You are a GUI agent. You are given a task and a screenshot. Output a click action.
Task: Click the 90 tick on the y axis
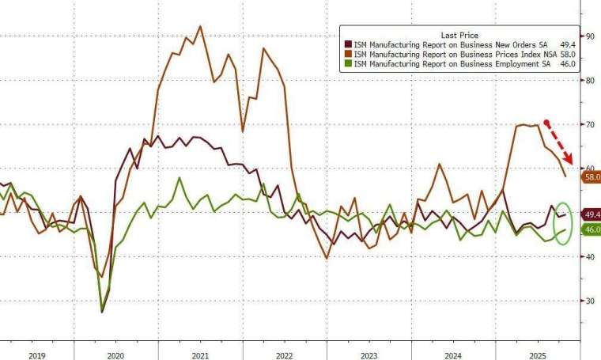click(x=590, y=36)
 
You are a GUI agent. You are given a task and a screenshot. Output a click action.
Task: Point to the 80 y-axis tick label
click(x=590, y=81)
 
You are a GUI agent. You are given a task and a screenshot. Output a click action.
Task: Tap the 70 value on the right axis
click(x=590, y=125)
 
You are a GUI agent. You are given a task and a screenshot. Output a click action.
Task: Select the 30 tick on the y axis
click(x=590, y=301)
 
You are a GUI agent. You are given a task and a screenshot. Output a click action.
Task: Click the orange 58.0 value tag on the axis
click(x=592, y=178)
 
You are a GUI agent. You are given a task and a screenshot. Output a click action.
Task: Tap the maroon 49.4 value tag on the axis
click(x=592, y=214)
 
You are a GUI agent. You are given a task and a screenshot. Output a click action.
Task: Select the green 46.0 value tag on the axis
click(x=592, y=229)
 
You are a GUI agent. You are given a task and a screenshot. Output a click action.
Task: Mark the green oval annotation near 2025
click(x=561, y=225)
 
